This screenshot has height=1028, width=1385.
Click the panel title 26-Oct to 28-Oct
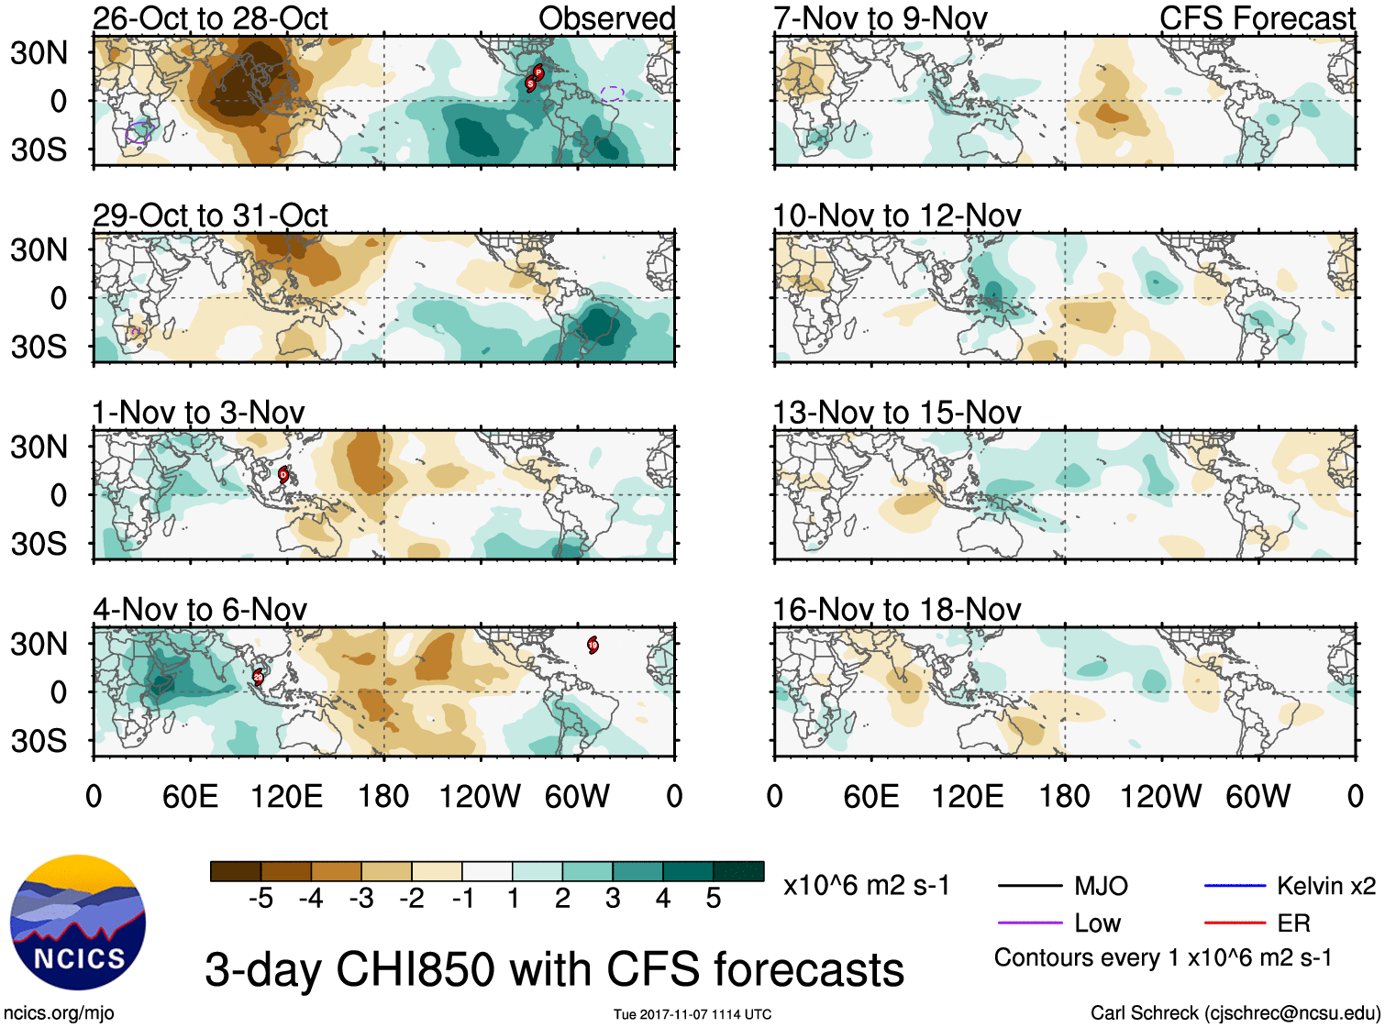click(x=210, y=18)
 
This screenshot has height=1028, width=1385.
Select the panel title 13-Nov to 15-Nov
click(x=896, y=413)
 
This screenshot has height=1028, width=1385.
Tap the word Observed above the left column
click(x=606, y=18)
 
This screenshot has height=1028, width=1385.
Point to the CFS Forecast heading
click(x=1257, y=18)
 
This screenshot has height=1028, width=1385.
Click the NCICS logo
click(x=78, y=923)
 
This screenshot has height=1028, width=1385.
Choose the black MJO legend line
click(x=1029, y=886)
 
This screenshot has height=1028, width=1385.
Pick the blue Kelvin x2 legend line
click(x=1235, y=886)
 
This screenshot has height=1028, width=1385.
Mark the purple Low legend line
click(x=1029, y=923)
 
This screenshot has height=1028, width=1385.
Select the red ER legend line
click(x=1235, y=923)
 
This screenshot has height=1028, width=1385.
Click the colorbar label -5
click(x=260, y=899)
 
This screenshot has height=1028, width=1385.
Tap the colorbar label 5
click(x=714, y=899)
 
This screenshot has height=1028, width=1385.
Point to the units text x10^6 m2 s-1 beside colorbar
click(x=866, y=886)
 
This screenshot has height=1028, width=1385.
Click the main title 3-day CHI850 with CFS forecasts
click(x=554, y=969)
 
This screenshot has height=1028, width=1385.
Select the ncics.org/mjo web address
click(x=59, y=1013)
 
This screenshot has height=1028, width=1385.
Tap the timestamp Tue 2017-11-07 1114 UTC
click(x=692, y=1014)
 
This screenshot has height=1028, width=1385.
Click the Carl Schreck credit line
click(x=1235, y=1013)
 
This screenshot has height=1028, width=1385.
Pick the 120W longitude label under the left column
click(x=480, y=796)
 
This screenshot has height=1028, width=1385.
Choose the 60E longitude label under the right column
click(x=870, y=796)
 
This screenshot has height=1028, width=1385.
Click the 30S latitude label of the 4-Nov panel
click(x=39, y=741)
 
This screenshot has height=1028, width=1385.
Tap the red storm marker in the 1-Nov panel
click(x=283, y=474)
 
